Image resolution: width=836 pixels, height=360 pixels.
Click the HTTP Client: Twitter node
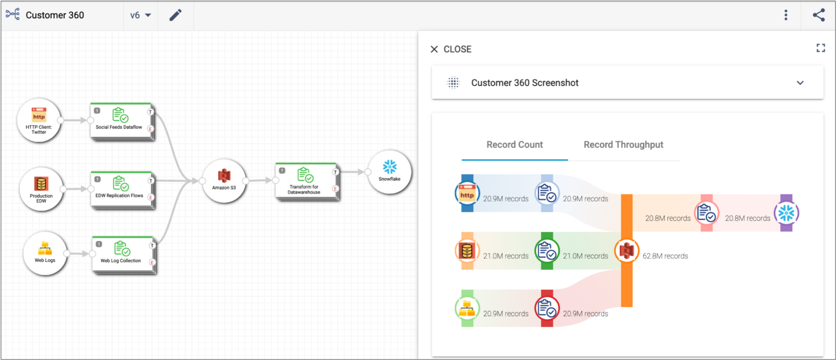click(39, 120)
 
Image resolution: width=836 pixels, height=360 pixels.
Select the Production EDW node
click(41, 189)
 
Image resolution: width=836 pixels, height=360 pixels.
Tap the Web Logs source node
click(45, 253)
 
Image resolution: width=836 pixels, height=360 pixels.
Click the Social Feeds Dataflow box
click(121, 121)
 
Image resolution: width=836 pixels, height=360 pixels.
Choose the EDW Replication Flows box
click(122, 190)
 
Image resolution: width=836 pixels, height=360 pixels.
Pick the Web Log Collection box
click(123, 255)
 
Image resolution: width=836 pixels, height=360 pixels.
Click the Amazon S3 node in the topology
click(224, 181)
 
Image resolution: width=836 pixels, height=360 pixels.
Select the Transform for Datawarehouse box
click(307, 182)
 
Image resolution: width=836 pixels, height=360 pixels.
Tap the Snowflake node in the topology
click(390, 172)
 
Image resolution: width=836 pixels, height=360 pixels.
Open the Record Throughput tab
click(623, 145)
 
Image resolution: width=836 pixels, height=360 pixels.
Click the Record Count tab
click(515, 145)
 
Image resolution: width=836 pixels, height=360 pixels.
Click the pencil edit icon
click(175, 15)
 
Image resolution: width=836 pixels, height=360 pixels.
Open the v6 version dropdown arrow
click(148, 15)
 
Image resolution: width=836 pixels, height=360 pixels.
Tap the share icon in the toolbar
click(819, 15)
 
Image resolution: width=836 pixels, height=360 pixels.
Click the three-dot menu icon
click(786, 15)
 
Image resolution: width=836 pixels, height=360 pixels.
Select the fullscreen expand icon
click(821, 48)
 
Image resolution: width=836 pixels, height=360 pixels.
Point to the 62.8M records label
click(665, 256)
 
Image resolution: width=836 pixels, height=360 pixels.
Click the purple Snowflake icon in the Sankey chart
click(786, 213)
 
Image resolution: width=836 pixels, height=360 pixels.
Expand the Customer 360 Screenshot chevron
click(800, 83)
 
